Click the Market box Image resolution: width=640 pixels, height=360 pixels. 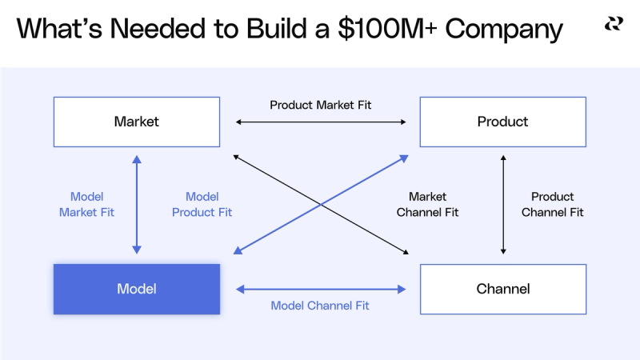[137, 122]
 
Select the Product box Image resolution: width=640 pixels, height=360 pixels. [502, 122]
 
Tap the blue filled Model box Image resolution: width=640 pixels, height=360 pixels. [137, 289]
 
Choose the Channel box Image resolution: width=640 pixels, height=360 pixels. [502, 289]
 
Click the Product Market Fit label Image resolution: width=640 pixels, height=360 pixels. [320, 105]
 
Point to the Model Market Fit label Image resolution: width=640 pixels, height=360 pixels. [86, 205]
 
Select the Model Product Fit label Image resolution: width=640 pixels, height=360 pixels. [202, 205]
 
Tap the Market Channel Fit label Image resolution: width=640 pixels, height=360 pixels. [427, 205]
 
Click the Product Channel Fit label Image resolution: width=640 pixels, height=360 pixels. [552, 205]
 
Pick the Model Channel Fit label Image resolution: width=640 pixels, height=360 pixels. [320, 306]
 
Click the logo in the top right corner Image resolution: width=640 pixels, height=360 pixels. [614, 24]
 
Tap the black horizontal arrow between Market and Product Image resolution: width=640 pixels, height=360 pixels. [320, 122]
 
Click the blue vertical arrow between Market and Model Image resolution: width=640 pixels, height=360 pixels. [137, 205]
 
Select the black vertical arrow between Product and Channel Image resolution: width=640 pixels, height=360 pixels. [502, 205]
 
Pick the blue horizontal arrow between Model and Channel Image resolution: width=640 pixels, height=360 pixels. [320, 289]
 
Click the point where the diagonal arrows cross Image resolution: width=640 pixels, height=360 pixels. [320, 205]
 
